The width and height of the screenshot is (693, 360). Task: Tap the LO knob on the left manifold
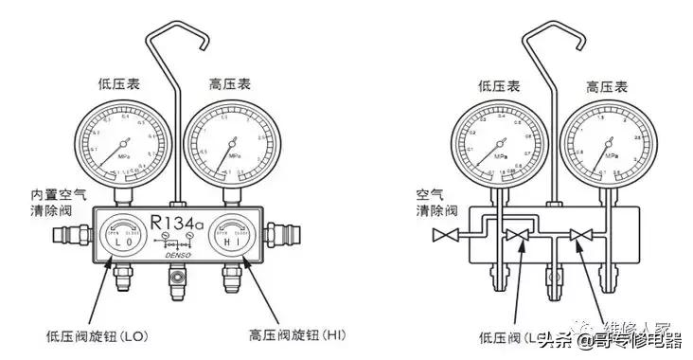click(120, 237)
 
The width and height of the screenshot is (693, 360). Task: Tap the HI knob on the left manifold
click(231, 237)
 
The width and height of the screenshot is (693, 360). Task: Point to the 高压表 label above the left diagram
click(229, 83)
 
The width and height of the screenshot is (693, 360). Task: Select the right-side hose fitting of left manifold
click(282, 232)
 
